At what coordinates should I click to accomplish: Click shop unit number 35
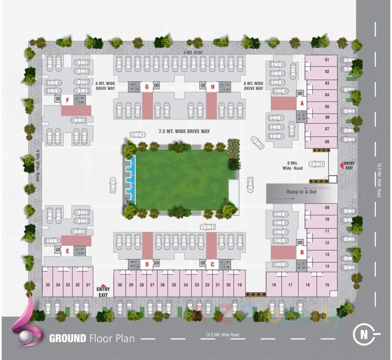tap(48, 285)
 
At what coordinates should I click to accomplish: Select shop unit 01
tap(327, 60)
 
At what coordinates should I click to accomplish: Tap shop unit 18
tap(274, 285)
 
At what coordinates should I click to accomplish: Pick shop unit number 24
tap(186, 285)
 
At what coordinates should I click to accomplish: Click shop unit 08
tap(327, 142)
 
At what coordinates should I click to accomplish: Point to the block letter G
tap(147, 87)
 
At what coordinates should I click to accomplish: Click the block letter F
tap(67, 100)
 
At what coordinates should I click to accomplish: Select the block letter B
tap(302, 252)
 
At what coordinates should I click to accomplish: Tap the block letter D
tap(147, 264)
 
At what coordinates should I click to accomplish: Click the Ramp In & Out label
tap(301, 192)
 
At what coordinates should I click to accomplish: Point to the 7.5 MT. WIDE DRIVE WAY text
tap(184, 131)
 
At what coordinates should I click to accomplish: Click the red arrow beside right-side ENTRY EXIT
tap(341, 166)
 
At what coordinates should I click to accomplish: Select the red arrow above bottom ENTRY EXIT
tap(103, 285)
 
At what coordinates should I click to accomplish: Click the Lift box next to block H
tap(203, 85)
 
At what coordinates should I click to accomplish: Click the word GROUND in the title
tap(68, 338)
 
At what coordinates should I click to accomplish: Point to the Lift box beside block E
tap(58, 249)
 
